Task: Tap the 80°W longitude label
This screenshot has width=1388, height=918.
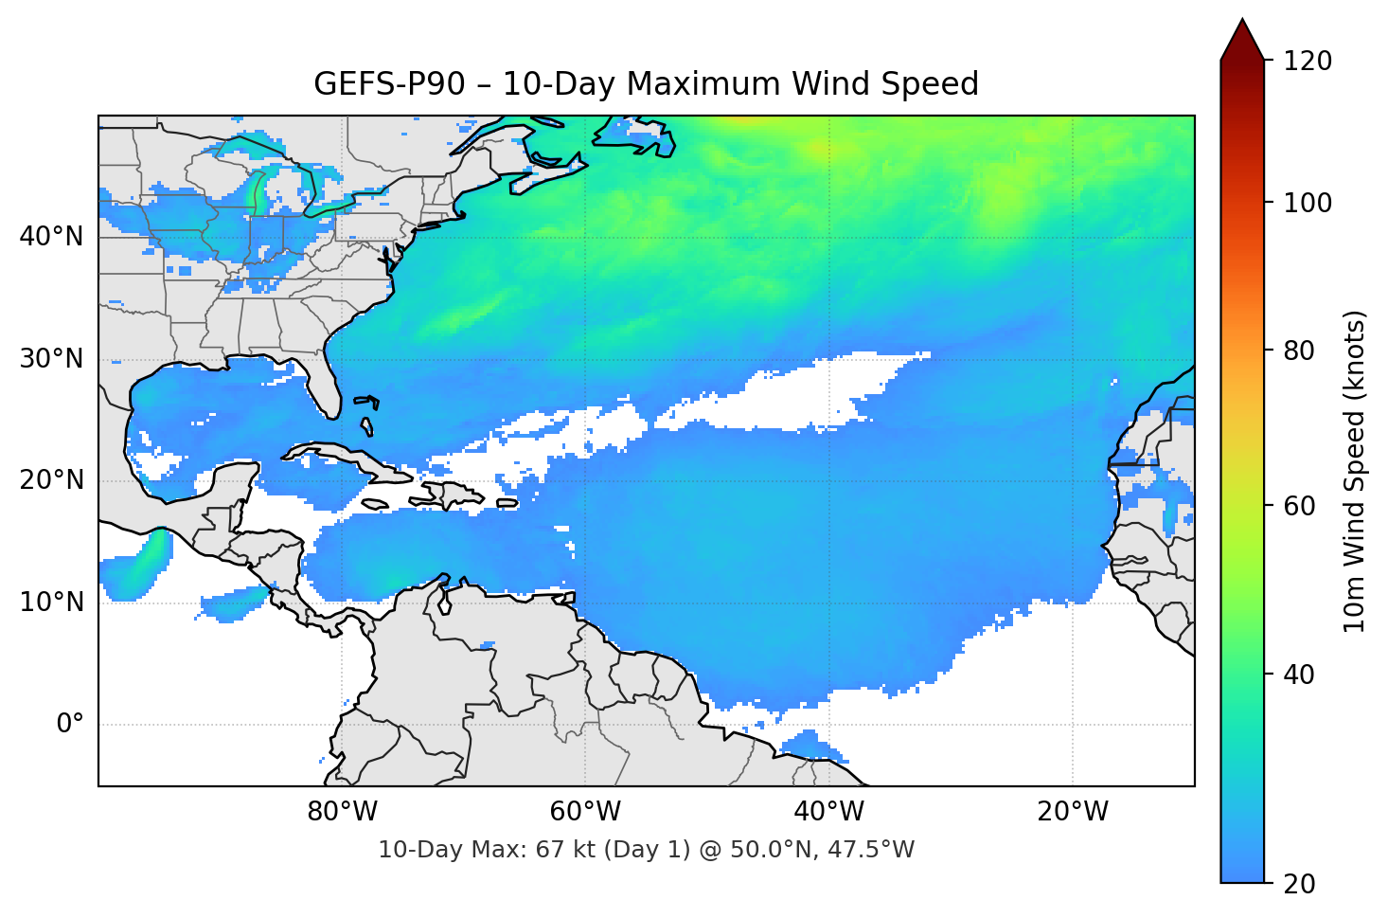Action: (x=342, y=812)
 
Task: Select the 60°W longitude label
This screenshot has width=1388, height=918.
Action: (x=585, y=812)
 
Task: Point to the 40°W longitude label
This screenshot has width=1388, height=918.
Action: (x=828, y=812)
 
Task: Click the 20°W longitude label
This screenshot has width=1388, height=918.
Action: (x=1072, y=812)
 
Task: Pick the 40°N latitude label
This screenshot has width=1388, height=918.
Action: (x=52, y=236)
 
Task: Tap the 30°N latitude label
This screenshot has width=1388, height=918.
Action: (x=52, y=359)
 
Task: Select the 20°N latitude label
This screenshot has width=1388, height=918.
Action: (x=52, y=480)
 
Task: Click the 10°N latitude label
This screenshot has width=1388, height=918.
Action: (x=52, y=603)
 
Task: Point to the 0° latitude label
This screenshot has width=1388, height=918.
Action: (x=70, y=725)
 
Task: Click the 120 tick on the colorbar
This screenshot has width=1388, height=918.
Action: (x=1308, y=61)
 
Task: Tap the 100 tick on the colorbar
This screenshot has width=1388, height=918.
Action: (x=1308, y=203)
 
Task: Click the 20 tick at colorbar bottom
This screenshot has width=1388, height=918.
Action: (x=1299, y=883)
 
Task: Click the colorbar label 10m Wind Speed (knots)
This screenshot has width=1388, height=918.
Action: (x=1355, y=471)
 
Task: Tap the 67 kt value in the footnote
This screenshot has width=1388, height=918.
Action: (x=561, y=850)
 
